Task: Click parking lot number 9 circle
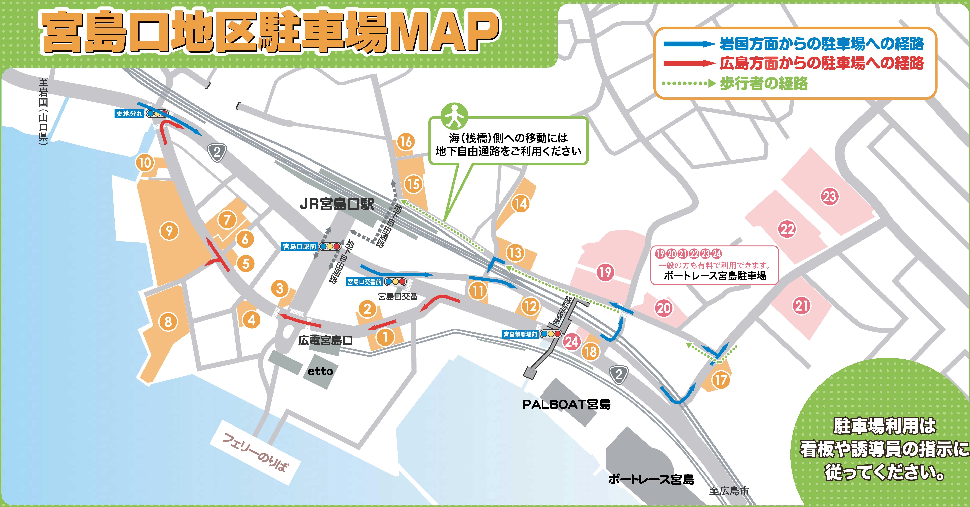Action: pos(169,231)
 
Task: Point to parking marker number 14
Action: pos(521,203)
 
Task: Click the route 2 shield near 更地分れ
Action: pos(217,152)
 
